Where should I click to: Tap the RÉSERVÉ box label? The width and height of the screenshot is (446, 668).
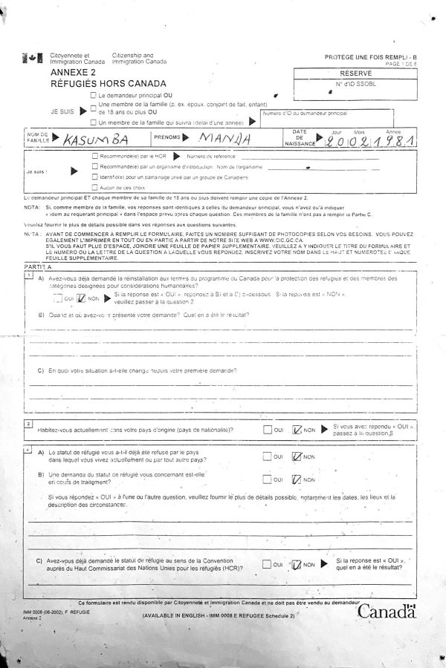(x=355, y=75)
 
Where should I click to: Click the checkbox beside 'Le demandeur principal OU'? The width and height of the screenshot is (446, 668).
(x=92, y=96)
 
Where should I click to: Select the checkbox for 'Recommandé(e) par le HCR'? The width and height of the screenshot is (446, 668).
(x=94, y=157)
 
